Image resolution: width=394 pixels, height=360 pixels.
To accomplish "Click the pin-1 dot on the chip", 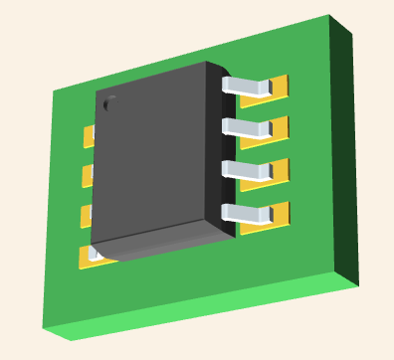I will tap(108, 100).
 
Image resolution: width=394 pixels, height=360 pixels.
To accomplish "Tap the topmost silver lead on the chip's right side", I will tap(247, 87).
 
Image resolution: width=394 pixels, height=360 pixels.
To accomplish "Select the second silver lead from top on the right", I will tap(247, 127).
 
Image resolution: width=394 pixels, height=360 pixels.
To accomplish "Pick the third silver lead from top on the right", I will tap(248, 169).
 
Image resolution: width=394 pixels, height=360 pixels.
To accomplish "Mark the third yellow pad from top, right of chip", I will tap(280, 170).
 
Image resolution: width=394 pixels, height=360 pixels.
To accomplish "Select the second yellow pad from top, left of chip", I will tap(87, 175).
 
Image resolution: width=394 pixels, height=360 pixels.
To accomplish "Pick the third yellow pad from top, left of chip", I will tap(86, 216).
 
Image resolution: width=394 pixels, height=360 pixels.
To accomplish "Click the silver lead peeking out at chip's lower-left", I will tap(96, 255).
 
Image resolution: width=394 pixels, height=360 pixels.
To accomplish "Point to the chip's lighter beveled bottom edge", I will tap(159, 244).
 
